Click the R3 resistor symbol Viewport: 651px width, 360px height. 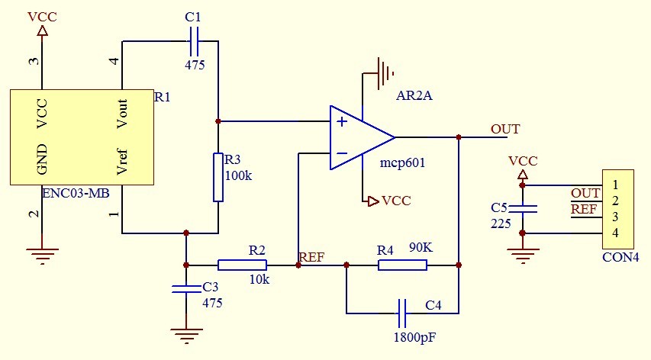pyautogui.click(x=218, y=177)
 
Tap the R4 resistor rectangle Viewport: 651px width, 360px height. pyautogui.click(x=402, y=265)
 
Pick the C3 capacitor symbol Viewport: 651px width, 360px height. pyautogui.click(x=185, y=289)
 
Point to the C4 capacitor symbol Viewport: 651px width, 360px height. pyautogui.click(x=402, y=312)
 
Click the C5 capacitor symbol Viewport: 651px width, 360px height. pyautogui.click(x=523, y=208)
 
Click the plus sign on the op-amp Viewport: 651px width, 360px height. pyautogui.click(x=342, y=121)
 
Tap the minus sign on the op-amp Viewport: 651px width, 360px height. pyautogui.click(x=342, y=154)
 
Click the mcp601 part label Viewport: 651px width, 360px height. pyautogui.click(x=401, y=163)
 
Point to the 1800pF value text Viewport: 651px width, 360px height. pyautogui.click(x=415, y=336)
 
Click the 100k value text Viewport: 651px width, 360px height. pyautogui.click(x=238, y=175)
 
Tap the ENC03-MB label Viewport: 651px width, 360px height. pyautogui.click(x=76, y=193)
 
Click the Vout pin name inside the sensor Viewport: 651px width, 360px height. pyautogui.click(x=121, y=114)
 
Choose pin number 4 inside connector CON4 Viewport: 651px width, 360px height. pyautogui.click(x=614, y=233)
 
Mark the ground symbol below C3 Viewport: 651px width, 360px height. pyautogui.click(x=185, y=333)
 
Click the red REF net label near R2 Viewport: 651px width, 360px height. pyautogui.click(x=313, y=257)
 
